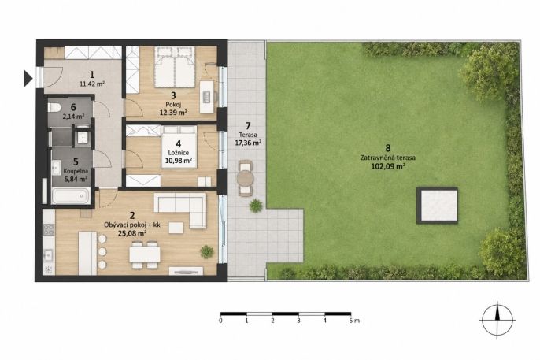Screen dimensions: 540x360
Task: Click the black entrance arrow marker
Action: (28, 78)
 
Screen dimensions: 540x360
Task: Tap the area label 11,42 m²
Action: (92, 84)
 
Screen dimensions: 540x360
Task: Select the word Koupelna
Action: (76, 171)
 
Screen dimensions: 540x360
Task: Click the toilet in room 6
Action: (54, 107)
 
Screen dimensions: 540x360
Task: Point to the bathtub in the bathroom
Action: (71, 196)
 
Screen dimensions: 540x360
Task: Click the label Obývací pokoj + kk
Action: (132, 225)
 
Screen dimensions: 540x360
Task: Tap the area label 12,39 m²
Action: (173, 113)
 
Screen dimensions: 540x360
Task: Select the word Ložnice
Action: (179, 153)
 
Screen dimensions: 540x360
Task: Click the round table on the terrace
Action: (246, 179)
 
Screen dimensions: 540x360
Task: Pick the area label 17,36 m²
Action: (248, 143)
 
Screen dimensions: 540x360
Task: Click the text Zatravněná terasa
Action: (388, 158)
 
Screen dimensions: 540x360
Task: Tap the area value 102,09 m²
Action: (388, 167)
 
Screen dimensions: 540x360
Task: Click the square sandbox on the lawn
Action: (437, 206)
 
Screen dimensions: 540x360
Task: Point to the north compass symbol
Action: (497, 320)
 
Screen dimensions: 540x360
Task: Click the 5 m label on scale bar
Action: (354, 321)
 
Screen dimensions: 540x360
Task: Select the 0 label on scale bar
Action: (220, 321)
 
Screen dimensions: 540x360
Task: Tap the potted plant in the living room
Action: (206, 252)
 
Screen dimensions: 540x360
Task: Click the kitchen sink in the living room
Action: (48, 255)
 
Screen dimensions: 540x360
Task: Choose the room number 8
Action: (388, 148)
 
